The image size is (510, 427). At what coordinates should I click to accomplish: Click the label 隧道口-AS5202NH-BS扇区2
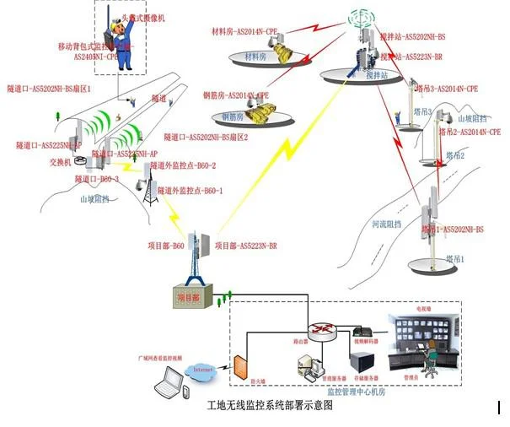(207, 137)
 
